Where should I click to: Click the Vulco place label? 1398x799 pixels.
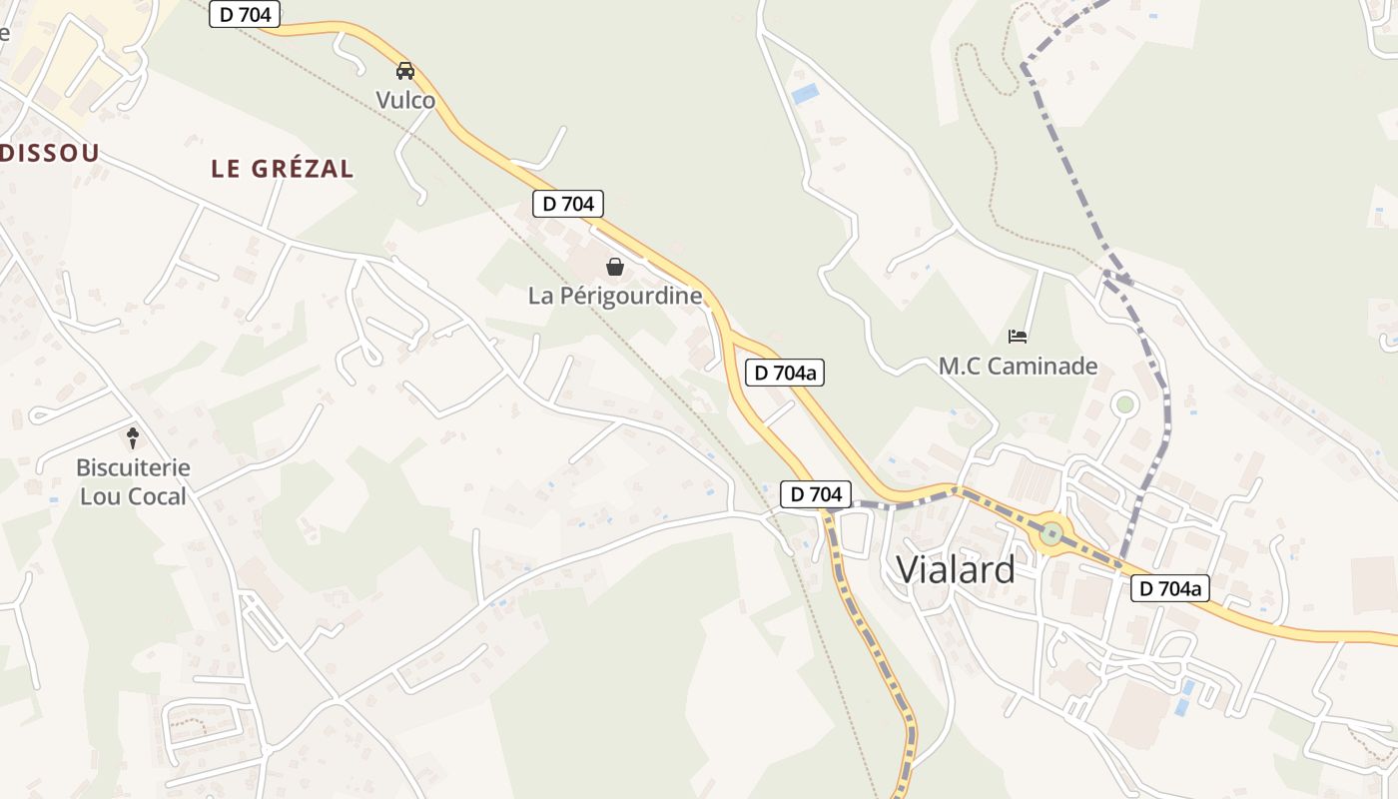[x=405, y=100]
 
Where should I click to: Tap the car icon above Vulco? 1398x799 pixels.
[x=405, y=71]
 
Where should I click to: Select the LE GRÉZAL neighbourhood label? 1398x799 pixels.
[x=283, y=169]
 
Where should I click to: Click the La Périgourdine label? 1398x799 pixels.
[x=615, y=296]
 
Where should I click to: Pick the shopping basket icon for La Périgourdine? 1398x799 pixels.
[x=615, y=267]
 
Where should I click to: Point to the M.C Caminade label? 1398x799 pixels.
[x=1018, y=367]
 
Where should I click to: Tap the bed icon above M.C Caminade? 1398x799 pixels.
[x=1018, y=336]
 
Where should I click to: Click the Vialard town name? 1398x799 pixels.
[x=956, y=568]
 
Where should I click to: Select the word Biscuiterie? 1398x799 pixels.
[x=133, y=467]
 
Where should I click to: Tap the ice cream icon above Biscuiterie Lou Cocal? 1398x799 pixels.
[x=133, y=437]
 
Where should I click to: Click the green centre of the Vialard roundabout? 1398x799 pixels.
[x=1050, y=533]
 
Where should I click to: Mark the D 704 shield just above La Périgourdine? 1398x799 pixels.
[x=568, y=204]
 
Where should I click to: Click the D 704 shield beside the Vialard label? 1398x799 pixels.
[x=816, y=493]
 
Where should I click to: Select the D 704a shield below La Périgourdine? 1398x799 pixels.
[x=785, y=374]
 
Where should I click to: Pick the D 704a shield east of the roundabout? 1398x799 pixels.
[x=1171, y=589]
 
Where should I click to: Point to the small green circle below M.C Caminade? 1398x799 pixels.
[x=1125, y=404]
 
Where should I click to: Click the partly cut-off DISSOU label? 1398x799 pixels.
[x=50, y=153]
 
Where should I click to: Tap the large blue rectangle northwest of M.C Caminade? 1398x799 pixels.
[x=804, y=94]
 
